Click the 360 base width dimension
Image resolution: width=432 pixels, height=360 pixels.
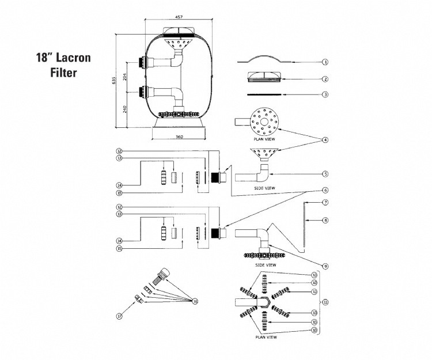(179, 137)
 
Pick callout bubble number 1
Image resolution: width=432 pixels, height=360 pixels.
(325, 62)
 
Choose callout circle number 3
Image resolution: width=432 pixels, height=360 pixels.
(325, 94)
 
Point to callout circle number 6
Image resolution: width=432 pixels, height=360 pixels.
(325, 190)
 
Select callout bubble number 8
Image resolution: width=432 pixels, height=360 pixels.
(325, 219)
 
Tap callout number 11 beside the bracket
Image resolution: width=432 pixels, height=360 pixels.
(325, 302)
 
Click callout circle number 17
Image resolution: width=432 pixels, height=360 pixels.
(119, 316)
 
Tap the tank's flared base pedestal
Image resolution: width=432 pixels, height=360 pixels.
(179, 123)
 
